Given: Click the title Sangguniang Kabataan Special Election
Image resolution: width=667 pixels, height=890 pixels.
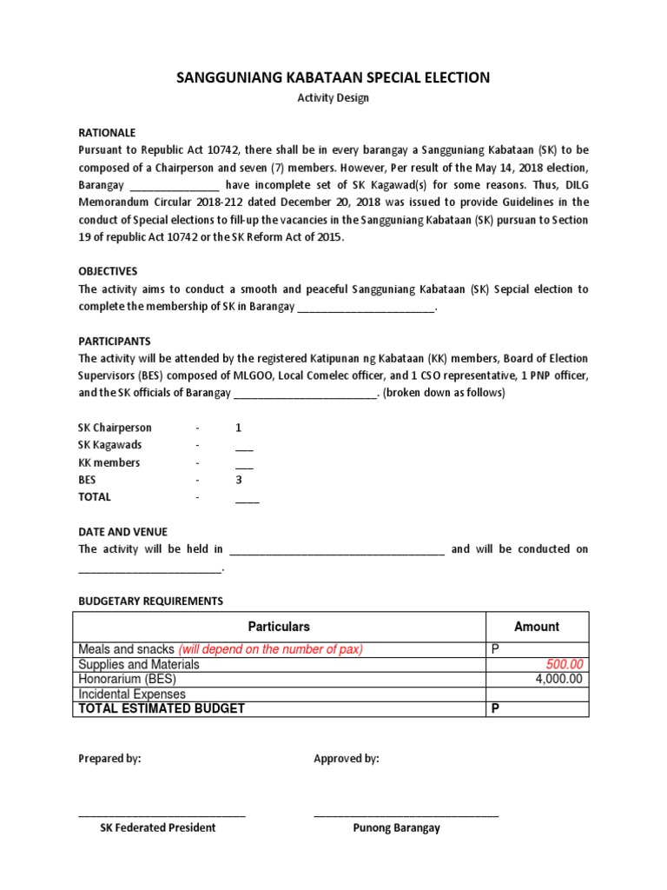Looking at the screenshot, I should [x=333, y=78].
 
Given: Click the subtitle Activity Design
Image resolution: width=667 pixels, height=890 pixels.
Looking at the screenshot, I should [x=333, y=98].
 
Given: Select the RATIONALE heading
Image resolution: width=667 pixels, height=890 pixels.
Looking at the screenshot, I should [x=108, y=133].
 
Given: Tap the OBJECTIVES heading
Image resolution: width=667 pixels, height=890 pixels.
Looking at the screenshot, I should [x=109, y=271].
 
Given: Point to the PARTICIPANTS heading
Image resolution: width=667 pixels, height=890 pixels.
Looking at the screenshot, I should [x=115, y=341].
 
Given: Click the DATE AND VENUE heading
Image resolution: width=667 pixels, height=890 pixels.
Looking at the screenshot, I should [x=123, y=531].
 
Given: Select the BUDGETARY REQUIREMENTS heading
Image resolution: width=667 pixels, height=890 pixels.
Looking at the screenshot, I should [x=151, y=601].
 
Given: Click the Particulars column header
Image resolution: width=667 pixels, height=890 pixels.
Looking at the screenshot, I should [x=279, y=627].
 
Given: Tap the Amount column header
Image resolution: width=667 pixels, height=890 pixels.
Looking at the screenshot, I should [x=537, y=627].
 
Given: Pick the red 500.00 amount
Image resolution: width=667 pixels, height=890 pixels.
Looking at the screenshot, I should [x=565, y=664].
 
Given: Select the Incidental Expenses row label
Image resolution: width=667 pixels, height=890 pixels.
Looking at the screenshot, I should [x=132, y=694].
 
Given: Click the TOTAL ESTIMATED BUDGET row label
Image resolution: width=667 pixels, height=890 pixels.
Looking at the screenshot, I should [x=162, y=708].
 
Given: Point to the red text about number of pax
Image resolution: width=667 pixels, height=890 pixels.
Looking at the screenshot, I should [x=271, y=649].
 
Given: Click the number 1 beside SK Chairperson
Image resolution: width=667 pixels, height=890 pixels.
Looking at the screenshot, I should [x=239, y=428].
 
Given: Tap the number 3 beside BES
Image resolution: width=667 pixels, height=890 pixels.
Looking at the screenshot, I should [x=239, y=480].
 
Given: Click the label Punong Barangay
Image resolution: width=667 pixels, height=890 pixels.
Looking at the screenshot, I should [x=396, y=828].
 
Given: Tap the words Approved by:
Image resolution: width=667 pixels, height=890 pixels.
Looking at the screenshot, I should [x=347, y=759].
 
